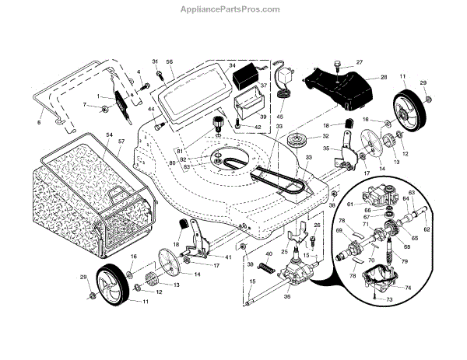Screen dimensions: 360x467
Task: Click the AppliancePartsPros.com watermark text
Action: click(233, 10)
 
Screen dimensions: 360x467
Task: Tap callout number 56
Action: click(169, 61)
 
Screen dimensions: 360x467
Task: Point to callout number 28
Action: click(384, 77)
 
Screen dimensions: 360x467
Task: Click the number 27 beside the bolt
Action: click(360, 61)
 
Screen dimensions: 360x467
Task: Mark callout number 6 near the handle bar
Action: click(38, 122)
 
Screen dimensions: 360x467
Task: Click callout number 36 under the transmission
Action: click(287, 295)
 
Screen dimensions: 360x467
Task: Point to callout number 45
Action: click(280, 117)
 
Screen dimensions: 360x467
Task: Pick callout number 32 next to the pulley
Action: click(304, 137)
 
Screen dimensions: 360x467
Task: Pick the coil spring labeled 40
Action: click(267, 268)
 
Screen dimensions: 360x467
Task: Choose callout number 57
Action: click(121, 142)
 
